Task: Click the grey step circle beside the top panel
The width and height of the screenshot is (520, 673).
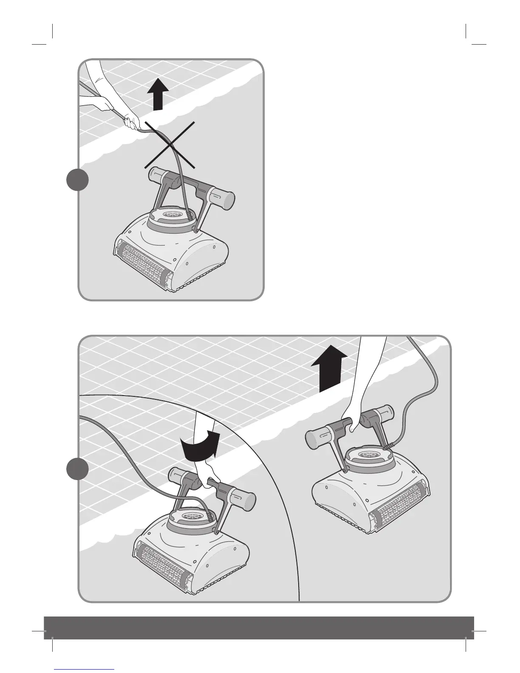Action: click(78, 180)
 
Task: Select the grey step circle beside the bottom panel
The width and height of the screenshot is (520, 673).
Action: click(78, 469)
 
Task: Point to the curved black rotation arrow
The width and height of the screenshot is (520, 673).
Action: click(200, 446)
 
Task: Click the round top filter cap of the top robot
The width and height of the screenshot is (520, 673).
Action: click(170, 217)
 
